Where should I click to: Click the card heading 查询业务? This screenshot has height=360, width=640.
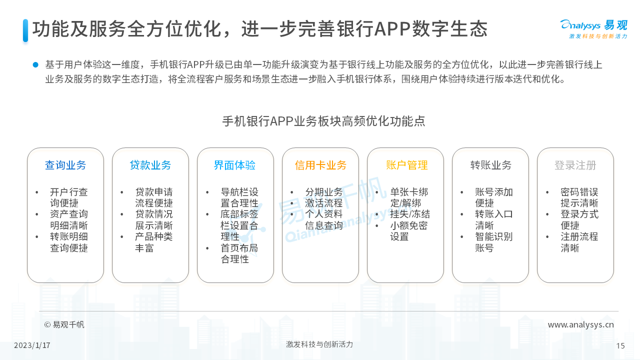point(65,165)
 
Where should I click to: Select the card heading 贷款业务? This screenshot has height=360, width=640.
point(150,165)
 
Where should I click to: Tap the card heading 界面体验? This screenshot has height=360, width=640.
point(234,165)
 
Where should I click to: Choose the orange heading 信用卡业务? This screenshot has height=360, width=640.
point(320,165)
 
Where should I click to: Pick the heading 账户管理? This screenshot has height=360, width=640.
point(407,165)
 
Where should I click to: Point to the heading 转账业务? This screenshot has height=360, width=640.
point(491,165)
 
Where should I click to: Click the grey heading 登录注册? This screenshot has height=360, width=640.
point(575,165)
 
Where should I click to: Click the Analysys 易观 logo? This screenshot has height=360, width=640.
point(593,28)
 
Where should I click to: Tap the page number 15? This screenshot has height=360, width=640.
point(620,346)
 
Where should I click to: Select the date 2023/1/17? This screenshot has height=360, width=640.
point(32,345)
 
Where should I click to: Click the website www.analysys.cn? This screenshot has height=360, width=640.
point(581,325)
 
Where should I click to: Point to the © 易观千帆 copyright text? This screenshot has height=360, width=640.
point(64,325)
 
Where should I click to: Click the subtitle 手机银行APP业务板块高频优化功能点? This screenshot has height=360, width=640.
point(323,121)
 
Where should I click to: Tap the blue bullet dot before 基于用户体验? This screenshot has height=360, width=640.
point(35,65)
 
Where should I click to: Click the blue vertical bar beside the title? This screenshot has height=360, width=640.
point(25,30)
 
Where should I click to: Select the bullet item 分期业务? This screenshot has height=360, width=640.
point(324,191)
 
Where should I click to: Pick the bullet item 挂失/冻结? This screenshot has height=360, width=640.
point(410,214)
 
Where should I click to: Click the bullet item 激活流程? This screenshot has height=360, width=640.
point(324,203)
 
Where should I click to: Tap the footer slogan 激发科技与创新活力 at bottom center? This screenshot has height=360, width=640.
point(319,344)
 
